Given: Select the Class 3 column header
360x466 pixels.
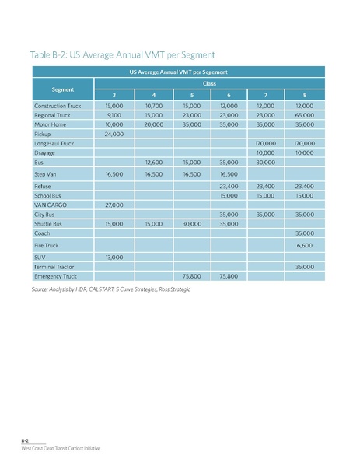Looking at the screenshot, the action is click(114, 95).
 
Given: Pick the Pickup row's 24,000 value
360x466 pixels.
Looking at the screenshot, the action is click(114, 133).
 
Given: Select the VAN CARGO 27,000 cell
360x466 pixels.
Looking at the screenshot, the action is click(114, 204).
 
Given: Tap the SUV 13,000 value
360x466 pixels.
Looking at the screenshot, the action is click(114, 256).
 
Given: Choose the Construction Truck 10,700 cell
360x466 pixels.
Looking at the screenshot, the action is click(152, 105).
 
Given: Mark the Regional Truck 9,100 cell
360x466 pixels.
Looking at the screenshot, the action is click(114, 114).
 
